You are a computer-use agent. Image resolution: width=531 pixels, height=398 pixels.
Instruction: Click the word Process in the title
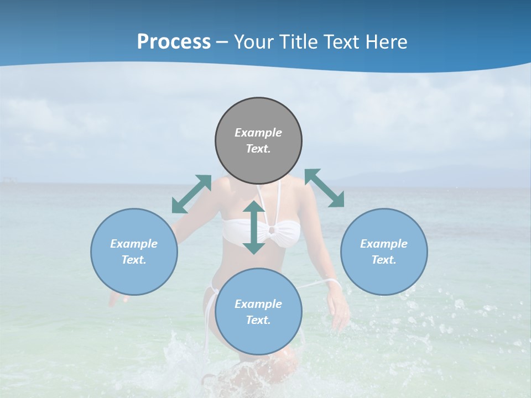[174, 42]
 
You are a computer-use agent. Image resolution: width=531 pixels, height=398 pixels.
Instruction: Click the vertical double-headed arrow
[254, 227]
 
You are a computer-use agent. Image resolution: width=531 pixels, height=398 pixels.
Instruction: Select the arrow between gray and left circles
[191, 194]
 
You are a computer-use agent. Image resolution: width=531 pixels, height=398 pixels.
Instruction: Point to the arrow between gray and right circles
[324, 188]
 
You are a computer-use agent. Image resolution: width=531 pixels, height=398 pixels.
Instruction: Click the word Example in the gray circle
[258, 133]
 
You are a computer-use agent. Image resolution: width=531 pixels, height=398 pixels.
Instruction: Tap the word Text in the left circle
[134, 260]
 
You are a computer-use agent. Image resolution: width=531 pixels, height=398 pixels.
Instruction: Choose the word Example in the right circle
[384, 244]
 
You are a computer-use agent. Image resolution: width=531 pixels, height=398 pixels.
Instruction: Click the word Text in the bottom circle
[258, 320]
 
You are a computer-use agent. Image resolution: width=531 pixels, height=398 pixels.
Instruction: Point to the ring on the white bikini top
[272, 231]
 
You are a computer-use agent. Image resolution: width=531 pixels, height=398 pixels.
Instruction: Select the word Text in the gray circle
[258, 149]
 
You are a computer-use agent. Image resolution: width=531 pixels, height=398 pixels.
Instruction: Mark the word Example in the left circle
[134, 244]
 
